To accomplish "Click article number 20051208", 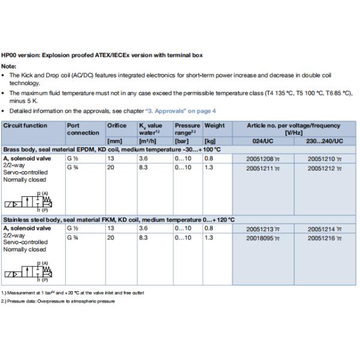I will (x=259, y=159).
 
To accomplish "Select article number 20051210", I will (x=321, y=159).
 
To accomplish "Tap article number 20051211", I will (x=259, y=169).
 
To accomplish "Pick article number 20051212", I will (x=321, y=169).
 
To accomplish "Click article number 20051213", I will (x=259, y=229).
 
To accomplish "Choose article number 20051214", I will (x=321, y=229).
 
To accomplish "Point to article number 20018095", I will (x=259, y=238).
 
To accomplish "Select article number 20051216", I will (x=321, y=238).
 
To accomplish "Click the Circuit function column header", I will (x=25, y=125).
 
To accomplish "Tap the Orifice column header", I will (x=116, y=125).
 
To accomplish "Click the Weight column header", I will (x=214, y=125).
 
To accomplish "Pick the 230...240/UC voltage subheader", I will (x=324, y=140).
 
